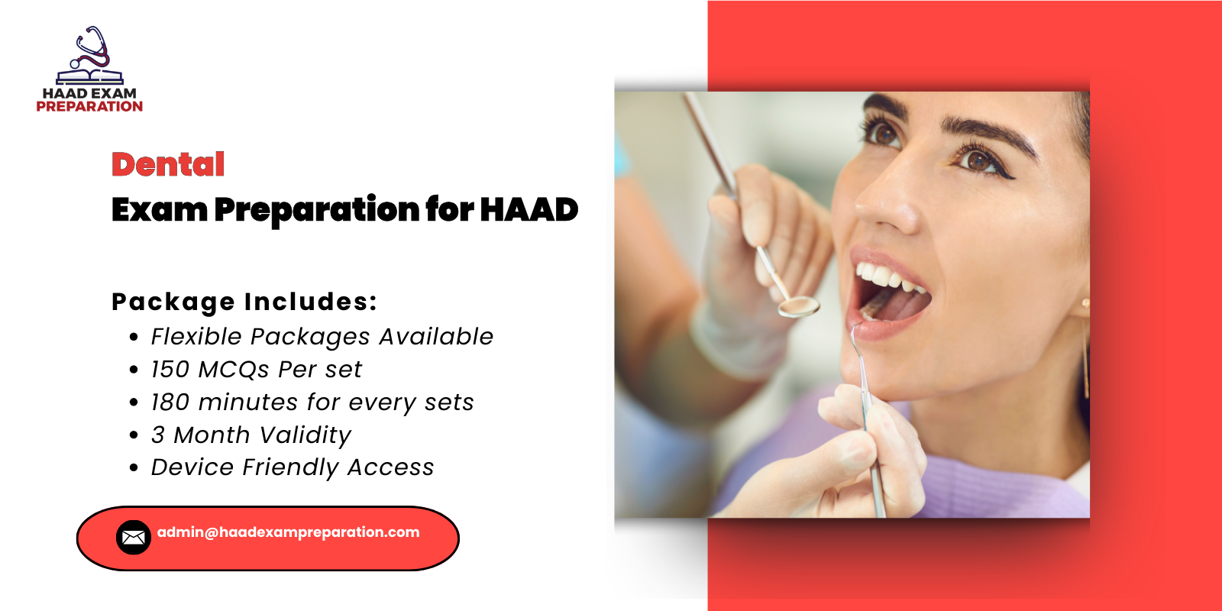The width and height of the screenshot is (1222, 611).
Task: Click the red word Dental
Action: [168, 164]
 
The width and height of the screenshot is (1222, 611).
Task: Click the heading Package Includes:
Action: [244, 302]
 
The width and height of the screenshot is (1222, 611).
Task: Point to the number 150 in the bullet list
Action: [170, 370]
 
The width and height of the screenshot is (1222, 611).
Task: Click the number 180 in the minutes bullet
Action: [170, 402]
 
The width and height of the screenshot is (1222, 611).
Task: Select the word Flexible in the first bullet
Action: [196, 337]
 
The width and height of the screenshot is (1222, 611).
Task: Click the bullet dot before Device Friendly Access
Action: [134, 468]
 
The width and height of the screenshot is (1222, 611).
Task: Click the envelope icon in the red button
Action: [134, 538]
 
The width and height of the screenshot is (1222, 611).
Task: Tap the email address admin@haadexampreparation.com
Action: [288, 532]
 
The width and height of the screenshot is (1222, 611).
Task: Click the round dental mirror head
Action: [799, 306]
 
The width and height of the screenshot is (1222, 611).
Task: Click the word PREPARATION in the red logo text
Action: [89, 107]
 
